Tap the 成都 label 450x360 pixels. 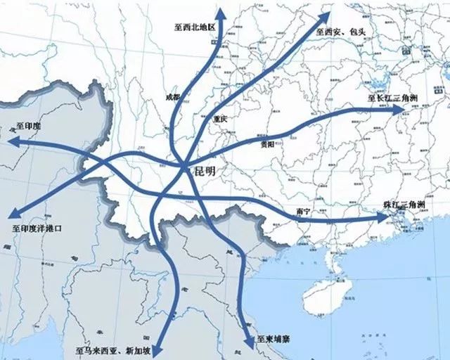point(172,96)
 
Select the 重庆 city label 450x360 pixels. point(219,120)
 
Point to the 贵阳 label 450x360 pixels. point(269,146)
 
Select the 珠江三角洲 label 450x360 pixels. point(404,205)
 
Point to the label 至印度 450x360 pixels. point(28,127)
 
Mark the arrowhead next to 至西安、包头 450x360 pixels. point(326,15)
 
